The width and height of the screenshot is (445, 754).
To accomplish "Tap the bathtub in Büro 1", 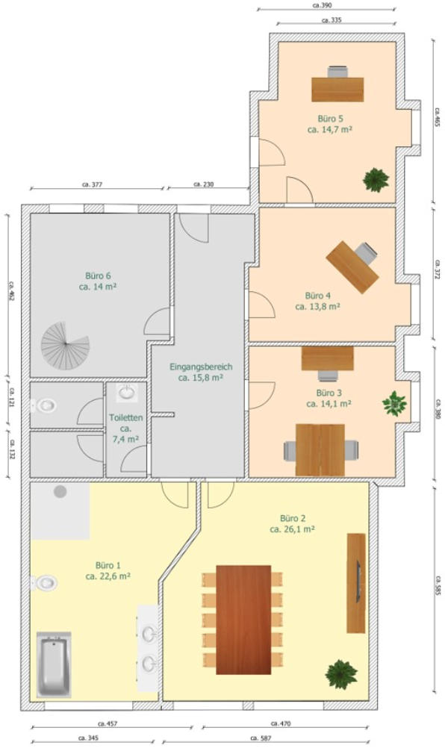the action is (x=54, y=664).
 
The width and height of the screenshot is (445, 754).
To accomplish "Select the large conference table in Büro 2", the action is (x=243, y=620).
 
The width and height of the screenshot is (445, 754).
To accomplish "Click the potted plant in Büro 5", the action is (x=376, y=180).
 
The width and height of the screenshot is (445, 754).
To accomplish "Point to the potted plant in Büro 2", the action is (x=341, y=674).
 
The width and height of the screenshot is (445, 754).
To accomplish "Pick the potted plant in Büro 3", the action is (x=394, y=403).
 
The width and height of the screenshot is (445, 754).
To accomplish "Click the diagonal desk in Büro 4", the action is (x=352, y=267).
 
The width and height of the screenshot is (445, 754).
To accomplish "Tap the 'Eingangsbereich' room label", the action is (x=201, y=367).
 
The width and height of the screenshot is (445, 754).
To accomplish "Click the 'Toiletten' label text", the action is (x=126, y=417).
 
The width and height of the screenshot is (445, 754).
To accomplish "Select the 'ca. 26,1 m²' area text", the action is (x=292, y=529).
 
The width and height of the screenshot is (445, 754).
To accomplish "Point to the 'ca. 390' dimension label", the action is (x=323, y=5).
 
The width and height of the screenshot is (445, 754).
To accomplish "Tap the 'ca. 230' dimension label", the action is (x=204, y=184).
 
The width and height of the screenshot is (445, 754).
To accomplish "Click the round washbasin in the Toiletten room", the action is (x=127, y=393).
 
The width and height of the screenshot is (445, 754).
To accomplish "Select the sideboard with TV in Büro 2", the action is (x=356, y=583).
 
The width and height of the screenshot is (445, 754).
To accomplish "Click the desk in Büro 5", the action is (x=337, y=89).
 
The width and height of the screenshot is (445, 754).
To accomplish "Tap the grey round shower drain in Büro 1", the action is (x=60, y=491).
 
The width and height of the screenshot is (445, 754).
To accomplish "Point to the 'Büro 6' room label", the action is (x=98, y=275).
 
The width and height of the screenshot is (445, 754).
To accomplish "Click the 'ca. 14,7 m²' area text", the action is (x=329, y=129).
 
